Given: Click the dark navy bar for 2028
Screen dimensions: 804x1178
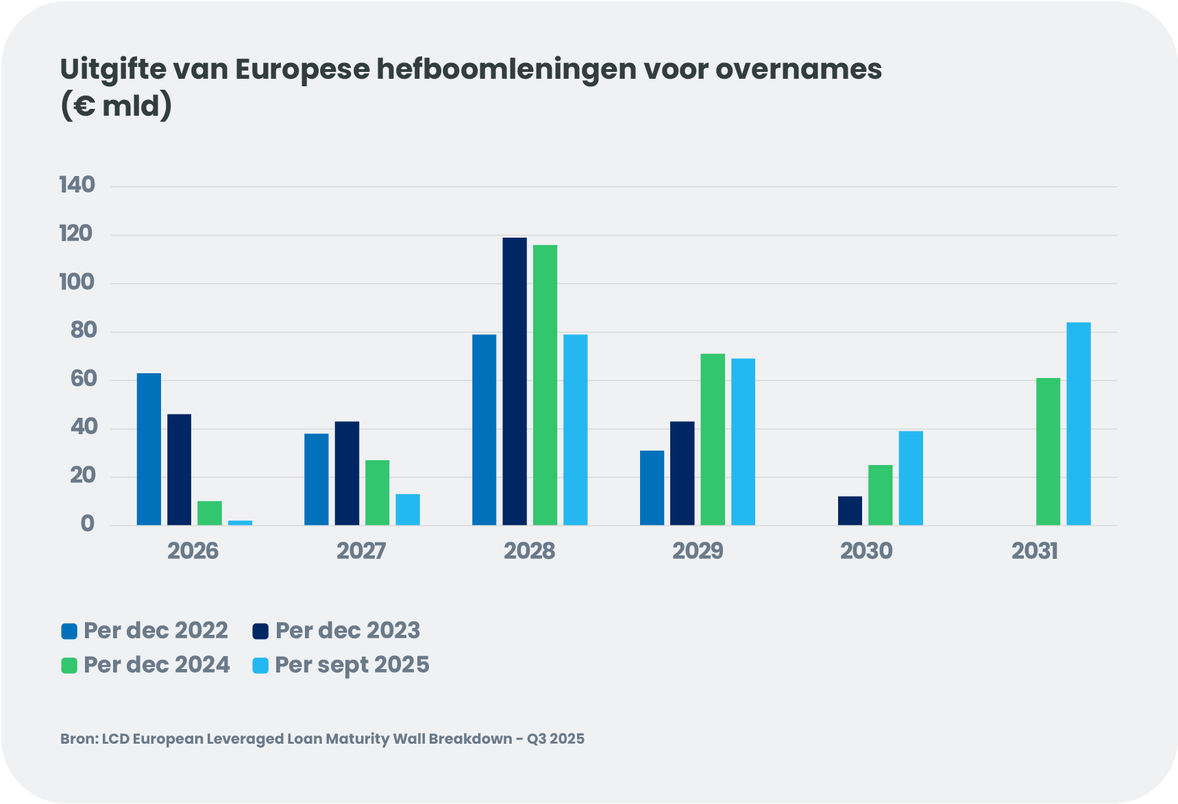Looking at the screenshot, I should (515, 381).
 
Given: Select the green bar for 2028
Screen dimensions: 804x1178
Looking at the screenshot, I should (545, 385).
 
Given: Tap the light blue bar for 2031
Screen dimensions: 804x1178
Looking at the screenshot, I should (1078, 424).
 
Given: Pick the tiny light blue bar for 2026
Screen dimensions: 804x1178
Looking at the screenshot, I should (240, 523).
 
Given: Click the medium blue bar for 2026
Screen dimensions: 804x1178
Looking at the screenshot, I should (149, 449).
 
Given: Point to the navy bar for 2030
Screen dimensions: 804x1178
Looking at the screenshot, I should (850, 511).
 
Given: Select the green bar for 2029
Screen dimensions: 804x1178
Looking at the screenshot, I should (713, 440).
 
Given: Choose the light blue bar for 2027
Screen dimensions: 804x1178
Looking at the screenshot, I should (408, 510).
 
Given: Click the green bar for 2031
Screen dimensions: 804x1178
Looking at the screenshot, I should (1048, 452).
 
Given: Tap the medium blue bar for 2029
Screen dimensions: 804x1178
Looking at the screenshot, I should (652, 488).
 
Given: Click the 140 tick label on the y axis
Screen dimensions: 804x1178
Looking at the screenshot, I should (77, 185).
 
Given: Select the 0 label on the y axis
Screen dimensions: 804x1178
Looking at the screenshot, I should (87, 525).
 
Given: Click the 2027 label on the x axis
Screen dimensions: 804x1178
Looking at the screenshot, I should (361, 551).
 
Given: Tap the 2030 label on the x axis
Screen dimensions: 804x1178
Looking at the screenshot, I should (866, 551).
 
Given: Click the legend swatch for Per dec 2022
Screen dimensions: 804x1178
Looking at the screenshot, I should (69, 631).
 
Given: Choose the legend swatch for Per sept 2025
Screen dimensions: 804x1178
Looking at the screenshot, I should (260, 665).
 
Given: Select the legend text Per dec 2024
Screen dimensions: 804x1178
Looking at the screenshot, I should (156, 665).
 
